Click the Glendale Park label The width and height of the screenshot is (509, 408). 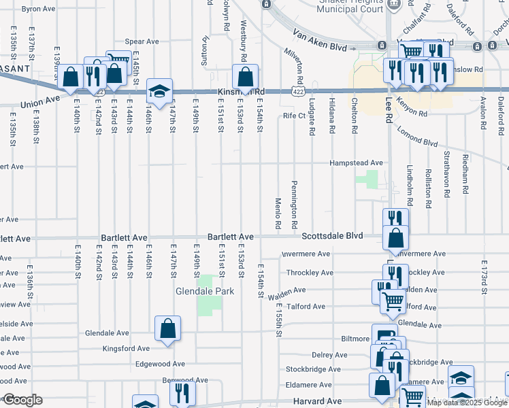click(204, 291)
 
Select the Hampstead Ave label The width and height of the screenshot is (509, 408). click(356, 163)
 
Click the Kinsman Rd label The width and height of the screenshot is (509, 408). click(240, 92)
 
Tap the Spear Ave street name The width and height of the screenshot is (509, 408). click(142, 41)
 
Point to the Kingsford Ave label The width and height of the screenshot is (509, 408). click(125, 348)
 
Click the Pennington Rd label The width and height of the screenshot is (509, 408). click(295, 205)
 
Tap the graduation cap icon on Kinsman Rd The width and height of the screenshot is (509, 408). click(159, 92)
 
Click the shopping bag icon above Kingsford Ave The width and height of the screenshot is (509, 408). click(167, 329)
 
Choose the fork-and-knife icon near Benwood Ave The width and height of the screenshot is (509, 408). click(182, 393)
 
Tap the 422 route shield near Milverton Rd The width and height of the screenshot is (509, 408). click(297, 91)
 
